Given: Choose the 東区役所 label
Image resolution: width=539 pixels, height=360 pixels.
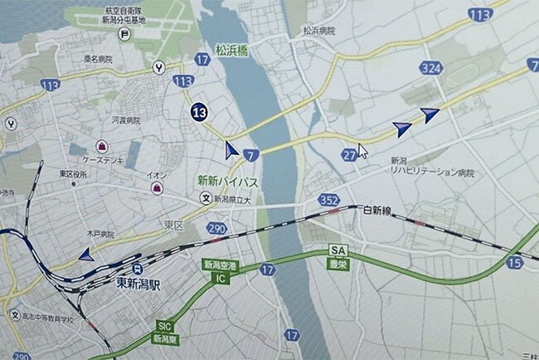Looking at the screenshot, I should (73, 174).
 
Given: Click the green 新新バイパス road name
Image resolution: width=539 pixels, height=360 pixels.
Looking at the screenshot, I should (226, 180).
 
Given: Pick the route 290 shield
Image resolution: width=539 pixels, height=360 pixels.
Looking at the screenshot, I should (216, 227).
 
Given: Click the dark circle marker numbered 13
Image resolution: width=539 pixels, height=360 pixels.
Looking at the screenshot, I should (199, 112).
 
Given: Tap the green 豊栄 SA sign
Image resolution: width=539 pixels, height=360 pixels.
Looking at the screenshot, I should (337, 255).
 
